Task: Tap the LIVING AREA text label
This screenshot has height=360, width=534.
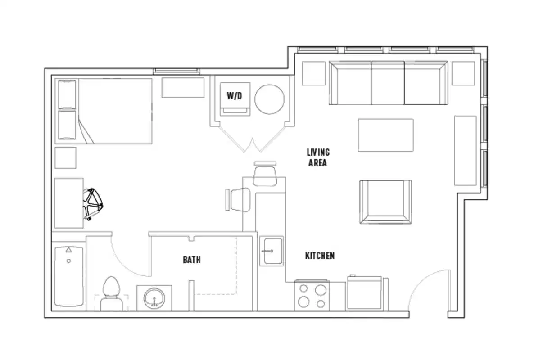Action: (x=318, y=157)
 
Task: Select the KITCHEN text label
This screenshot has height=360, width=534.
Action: (x=320, y=256)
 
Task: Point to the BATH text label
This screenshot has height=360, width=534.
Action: (x=191, y=260)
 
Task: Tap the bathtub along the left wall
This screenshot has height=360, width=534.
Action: (x=68, y=276)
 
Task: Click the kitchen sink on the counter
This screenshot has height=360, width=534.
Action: (x=271, y=251)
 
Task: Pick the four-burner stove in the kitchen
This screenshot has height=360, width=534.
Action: (x=312, y=296)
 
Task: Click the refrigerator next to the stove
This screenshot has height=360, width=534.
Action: (x=364, y=293)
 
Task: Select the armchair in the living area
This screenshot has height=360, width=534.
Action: (x=385, y=202)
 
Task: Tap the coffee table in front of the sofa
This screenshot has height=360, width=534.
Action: (x=385, y=135)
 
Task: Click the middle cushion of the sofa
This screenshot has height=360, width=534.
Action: (x=388, y=83)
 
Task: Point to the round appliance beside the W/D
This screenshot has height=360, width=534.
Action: (x=270, y=99)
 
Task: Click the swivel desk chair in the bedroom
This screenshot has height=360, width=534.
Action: (x=94, y=203)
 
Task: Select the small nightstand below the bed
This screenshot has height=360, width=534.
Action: (x=65, y=157)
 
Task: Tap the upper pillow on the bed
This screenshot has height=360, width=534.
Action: (x=68, y=94)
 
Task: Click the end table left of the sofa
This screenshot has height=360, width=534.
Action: (x=313, y=73)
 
